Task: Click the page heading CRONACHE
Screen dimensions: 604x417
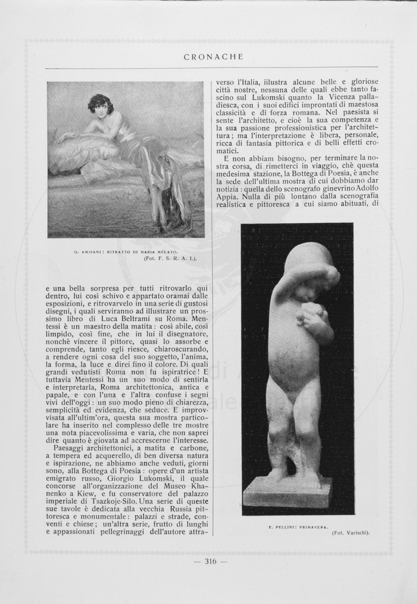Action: coord(213,57)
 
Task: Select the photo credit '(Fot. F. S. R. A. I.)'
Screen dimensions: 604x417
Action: coord(170,258)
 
